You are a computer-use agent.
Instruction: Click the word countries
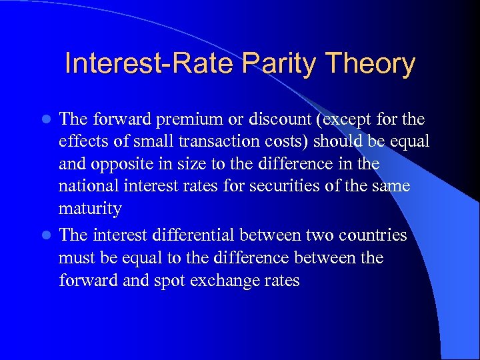coord(370,235)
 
